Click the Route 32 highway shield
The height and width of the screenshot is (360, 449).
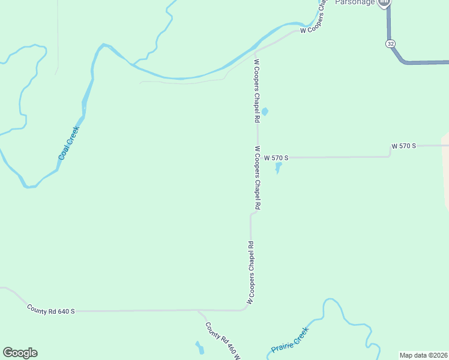click(390, 44)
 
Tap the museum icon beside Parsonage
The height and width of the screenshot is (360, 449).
click(384, 2)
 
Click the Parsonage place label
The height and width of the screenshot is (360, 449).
click(355, 2)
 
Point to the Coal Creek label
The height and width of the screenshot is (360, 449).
click(69, 142)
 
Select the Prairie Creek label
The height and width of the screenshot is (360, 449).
click(290, 340)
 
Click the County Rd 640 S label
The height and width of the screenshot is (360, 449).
click(51, 310)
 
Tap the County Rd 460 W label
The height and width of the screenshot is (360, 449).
click(223, 341)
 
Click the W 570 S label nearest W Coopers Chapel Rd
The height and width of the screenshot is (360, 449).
click(276, 158)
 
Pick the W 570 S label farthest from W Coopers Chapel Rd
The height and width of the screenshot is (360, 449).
click(403, 146)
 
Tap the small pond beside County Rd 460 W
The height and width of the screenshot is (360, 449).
click(199, 347)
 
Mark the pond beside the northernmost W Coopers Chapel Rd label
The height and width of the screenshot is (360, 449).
click(265, 111)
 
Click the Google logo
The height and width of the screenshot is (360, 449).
click(20, 353)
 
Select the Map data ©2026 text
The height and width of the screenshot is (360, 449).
click(424, 355)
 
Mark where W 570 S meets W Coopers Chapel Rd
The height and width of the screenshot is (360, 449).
click(258, 158)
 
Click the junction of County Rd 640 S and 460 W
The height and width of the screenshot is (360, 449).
click(199, 310)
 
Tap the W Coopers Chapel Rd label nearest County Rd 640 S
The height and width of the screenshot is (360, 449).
click(251, 272)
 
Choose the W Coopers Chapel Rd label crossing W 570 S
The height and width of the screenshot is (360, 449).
click(258, 178)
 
